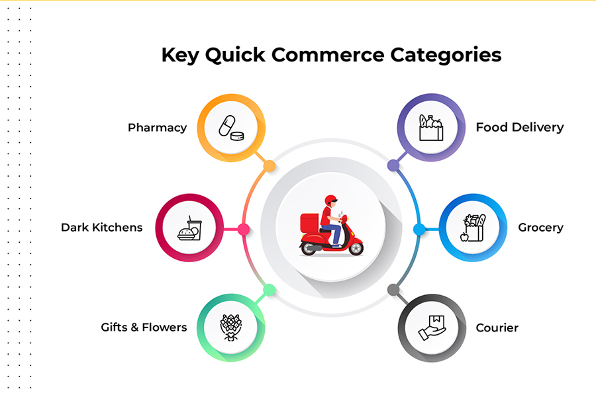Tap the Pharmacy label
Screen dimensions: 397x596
point(157,128)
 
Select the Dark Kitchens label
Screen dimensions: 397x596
point(101,228)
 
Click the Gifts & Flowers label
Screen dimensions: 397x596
point(144,328)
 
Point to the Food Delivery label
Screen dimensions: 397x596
point(520,127)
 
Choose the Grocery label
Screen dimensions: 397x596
point(540,228)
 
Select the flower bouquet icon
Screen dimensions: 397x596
point(231,328)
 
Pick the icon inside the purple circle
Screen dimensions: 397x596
point(430,127)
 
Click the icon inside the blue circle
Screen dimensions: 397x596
point(473,228)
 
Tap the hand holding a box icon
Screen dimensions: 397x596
point(430,328)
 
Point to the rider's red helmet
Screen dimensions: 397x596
point(330,200)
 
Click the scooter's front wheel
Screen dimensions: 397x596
point(356,248)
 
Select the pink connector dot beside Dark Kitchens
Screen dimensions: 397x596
point(244,229)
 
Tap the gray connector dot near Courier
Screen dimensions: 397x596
point(393,290)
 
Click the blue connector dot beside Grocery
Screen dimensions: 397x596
point(419,229)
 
